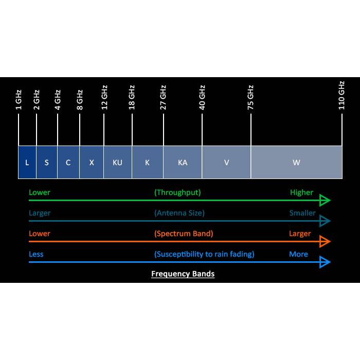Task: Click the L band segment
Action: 27,163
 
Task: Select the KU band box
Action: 117,163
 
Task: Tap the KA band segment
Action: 182,163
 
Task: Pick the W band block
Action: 296,163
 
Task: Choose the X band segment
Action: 92,163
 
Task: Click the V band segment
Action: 226,163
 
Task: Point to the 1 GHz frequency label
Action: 19,100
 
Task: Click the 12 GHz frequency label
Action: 104,97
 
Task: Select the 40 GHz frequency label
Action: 202,97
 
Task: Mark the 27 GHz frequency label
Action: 164,97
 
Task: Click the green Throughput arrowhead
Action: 325,201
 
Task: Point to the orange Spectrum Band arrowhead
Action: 325,241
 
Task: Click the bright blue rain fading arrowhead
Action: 325,262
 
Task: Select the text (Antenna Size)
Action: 179,213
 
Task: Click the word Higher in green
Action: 301,192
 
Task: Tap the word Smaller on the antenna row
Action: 302,213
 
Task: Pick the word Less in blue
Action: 36,254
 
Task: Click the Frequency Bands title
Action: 183,274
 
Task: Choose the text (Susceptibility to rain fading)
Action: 204,254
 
